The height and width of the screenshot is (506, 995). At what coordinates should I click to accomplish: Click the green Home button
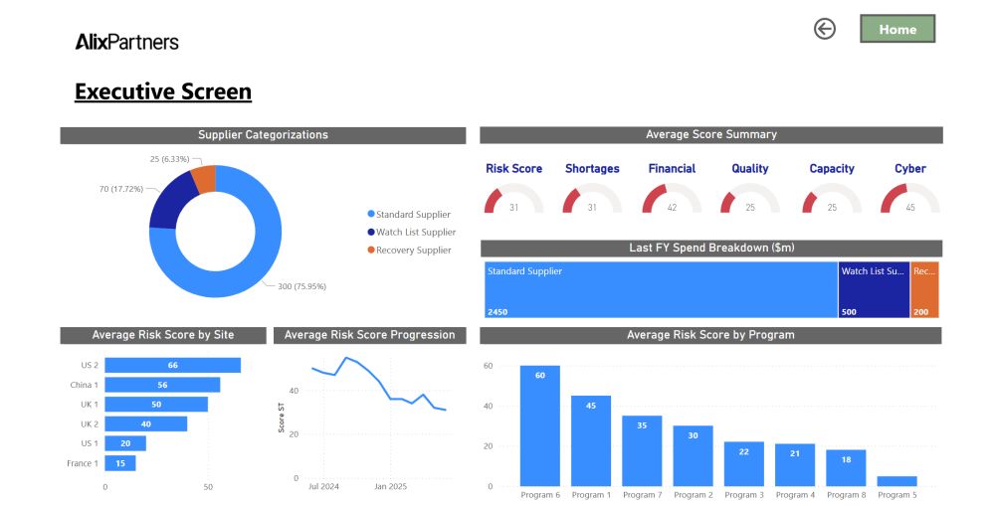(897, 29)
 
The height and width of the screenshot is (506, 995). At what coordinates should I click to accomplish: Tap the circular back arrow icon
(824, 29)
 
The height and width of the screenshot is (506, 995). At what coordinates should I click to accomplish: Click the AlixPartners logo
(126, 42)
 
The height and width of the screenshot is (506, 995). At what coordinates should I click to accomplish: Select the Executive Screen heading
(163, 92)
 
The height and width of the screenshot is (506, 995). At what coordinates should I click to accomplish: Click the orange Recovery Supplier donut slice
(204, 179)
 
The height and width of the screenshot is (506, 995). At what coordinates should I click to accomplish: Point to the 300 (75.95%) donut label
(301, 286)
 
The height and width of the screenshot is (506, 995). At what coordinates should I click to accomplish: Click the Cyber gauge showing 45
(909, 197)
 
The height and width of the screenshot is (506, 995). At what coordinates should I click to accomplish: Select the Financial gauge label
(672, 169)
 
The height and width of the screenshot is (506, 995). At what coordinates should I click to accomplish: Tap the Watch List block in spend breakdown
(874, 289)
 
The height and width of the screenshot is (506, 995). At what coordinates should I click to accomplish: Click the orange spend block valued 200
(924, 289)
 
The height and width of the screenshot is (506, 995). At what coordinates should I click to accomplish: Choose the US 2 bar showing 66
(172, 365)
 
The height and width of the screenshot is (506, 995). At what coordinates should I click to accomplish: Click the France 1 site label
(83, 463)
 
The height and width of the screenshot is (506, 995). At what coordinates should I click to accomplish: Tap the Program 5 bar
(896, 481)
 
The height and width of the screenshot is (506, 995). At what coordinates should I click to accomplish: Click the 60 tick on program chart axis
(488, 366)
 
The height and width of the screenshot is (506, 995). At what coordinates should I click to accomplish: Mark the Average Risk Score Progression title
(369, 335)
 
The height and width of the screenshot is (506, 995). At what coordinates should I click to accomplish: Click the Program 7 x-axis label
(641, 495)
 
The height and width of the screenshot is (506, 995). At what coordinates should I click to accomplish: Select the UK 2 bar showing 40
(145, 423)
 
